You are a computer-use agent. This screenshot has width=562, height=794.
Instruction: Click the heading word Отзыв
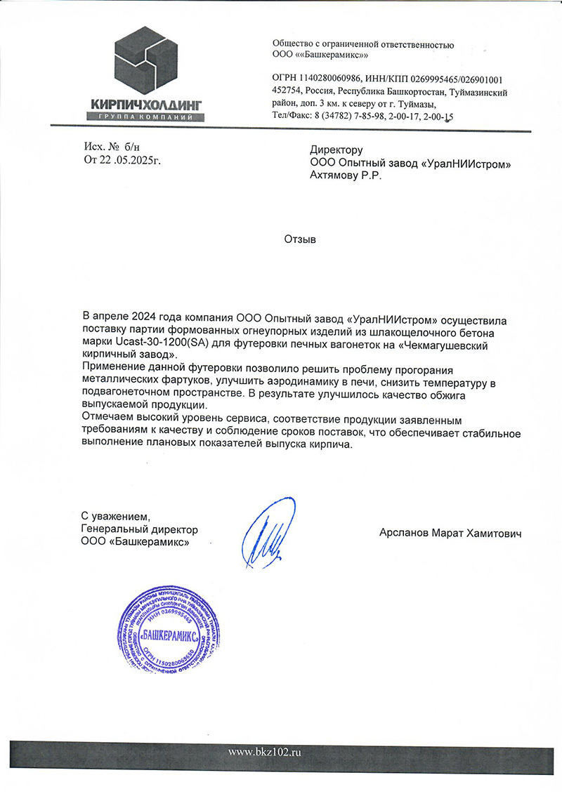(300, 239)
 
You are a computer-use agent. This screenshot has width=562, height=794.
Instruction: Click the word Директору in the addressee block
(336, 150)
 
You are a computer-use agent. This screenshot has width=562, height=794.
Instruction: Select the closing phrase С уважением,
(116, 517)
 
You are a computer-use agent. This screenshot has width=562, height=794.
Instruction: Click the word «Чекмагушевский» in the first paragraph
(462, 344)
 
